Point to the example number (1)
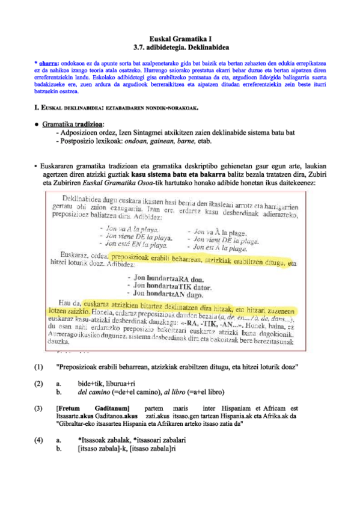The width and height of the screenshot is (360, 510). (39, 366)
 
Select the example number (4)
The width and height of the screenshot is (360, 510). (39, 440)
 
